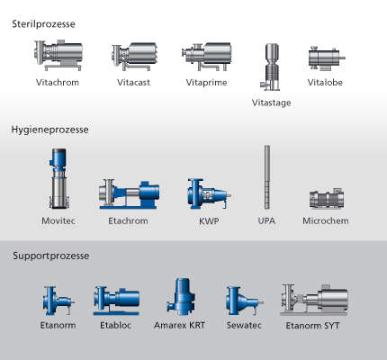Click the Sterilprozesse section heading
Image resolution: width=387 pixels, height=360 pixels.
click(x=43, y=24)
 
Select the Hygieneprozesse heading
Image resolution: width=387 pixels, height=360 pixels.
click(x=49, y=130)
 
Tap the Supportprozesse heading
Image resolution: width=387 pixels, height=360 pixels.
click(x=51, y=256)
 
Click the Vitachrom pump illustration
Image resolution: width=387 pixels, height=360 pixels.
click(x=58, y=55)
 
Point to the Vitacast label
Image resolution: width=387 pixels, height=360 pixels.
click(x=133, y=83)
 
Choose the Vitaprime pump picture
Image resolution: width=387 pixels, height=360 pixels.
click(x=207, y=56)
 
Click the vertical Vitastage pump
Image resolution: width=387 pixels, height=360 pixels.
click(x=271, y=67)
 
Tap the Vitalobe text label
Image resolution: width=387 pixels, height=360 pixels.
click(x=325, y=83)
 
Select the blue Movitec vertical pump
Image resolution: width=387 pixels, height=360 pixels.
click(x=58, y=178)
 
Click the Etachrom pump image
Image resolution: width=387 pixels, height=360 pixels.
click(x=129, y=193)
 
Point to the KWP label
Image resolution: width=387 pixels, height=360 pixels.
click(x=209, y=221)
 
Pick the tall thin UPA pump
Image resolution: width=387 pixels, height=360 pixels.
click(x=267, y=177)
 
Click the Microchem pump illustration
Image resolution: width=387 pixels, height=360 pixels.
click(x=327, y=198)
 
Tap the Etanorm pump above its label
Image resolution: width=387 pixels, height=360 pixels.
click(x=58, y=301)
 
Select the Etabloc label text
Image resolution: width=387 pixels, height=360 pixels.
click(x=115, y=325)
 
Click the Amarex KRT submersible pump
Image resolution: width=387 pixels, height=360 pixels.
click(x=179, y=296)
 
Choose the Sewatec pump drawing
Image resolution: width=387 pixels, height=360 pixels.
click(x=245, y=301)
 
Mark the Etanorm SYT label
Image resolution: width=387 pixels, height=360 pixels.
click(x=312, y=326)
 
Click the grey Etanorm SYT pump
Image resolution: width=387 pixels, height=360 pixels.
click(x=314, y=300)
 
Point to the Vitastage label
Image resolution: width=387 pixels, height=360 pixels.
click(x=271, y=103)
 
